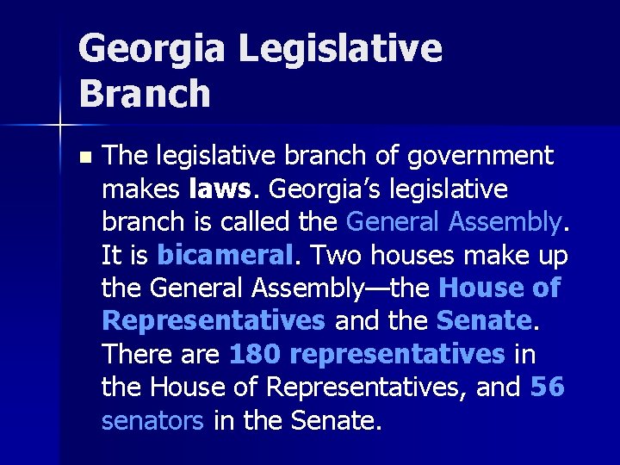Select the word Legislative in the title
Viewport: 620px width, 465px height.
(340, 50)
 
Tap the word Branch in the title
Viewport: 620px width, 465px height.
(144, 94)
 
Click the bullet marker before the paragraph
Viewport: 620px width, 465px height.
(83, 158)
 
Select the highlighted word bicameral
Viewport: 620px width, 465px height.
(226, 255)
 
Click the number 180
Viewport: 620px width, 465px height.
(255, 354)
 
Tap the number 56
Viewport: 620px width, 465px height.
(548, 387)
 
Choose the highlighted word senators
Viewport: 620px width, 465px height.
(152, 420)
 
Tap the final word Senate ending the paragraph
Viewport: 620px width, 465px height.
(334, 420)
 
